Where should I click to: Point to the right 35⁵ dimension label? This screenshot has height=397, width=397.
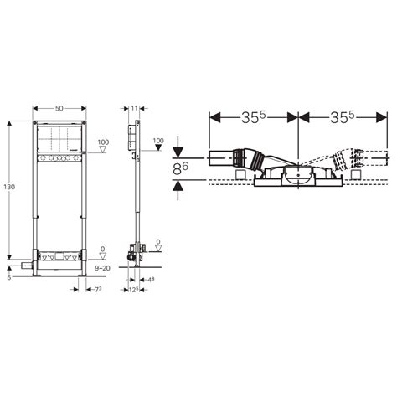tap(343, 117)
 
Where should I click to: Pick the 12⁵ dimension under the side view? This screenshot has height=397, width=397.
tap(132, 289)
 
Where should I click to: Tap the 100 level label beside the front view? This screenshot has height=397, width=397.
tap(102, 142)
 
